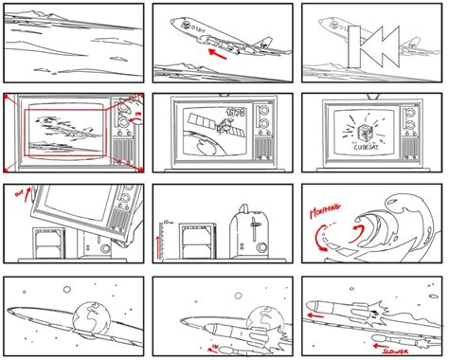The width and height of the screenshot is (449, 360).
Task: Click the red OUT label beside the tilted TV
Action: coord(18,195)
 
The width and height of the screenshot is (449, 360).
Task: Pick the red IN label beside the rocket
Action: coord(209,333)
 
